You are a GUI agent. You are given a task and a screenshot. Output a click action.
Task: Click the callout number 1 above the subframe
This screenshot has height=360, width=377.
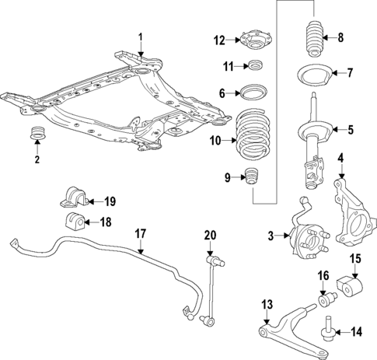pyautogui.click(x=141, y=37)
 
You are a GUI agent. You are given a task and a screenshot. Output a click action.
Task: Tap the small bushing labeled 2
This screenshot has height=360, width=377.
pyautogui.click(x=36, y=135)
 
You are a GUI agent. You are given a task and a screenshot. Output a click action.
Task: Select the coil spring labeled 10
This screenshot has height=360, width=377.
pyautogui.click(x=253, y=138)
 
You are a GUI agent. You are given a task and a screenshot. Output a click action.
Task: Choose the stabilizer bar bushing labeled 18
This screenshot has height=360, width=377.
pyautogui.click(x=76, y=222)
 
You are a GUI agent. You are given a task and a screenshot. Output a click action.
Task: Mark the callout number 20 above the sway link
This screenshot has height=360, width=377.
pyautogui.click(x=209, y=235)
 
